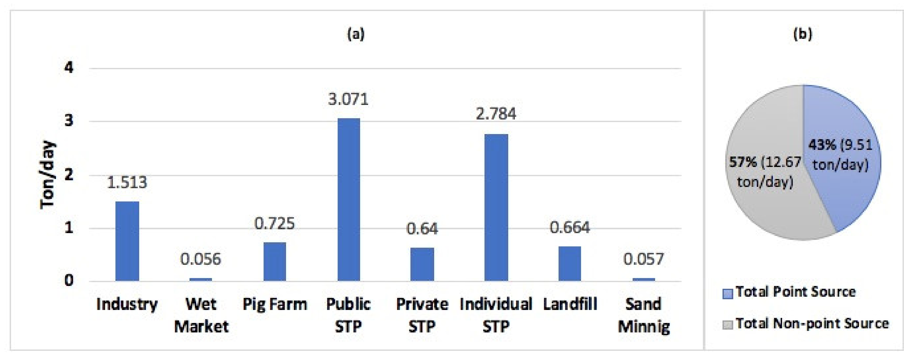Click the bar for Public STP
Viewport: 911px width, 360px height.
point(348,200)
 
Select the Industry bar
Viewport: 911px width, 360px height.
point(127,241)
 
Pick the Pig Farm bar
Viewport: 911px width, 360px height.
point(275,262)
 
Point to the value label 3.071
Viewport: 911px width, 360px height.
point(348,99)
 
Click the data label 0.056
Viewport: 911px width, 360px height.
point(200,259)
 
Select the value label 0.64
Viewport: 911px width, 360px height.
point(422,229)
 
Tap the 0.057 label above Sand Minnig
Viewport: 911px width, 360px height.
point(643,259)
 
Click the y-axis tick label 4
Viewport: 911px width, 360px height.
point(69,67)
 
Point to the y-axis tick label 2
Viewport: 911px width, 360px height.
point(69,174)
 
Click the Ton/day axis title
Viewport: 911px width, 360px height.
point(48,175)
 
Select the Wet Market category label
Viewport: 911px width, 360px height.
point(201,315)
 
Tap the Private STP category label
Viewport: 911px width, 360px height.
point(422,315)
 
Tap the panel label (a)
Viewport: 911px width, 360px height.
point(356,34)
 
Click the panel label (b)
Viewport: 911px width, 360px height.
point(803,34)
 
